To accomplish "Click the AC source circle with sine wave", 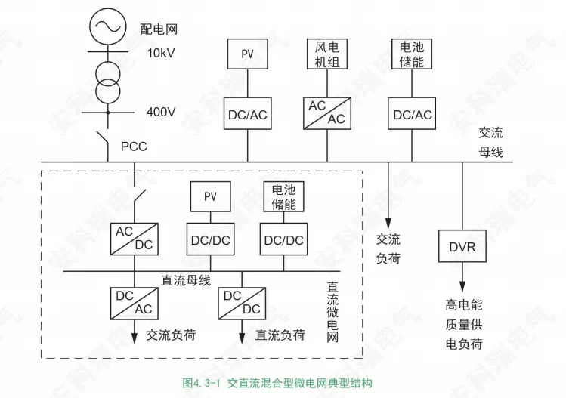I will pyautogui.click(x=107, y=26).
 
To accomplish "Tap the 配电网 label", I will pyautogui.click(x=159, y=30).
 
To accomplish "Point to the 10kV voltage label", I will pyautogui.click(x=161, y=54).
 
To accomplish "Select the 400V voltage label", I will pyautogui.click(x=161, y=112).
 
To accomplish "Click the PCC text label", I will pyautogui.click(x=134, y=146).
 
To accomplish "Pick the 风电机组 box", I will pyautogui.click(x=327, y=54).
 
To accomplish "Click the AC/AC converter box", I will pyautogui.click(x=326, y=113).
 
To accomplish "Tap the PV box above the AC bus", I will pyautogui.click(x=248, y=54).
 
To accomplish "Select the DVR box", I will pyautogui.click(x=462, y=247).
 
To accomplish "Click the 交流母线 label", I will pyautogui.click(x=490, y=142).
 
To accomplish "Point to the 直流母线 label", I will pyautogui.click(x=186, y=280).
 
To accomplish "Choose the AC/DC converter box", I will pyautogui.click(x=134, y=239).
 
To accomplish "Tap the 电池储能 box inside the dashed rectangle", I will pyautogui.click(x=283, y=197).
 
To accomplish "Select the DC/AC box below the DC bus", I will pyautogui.click(x=134, y=302).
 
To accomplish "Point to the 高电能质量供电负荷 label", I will pyautogui.click(x=463, y=325).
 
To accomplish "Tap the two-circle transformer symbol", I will pyautogui.click(x=107, y=80).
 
